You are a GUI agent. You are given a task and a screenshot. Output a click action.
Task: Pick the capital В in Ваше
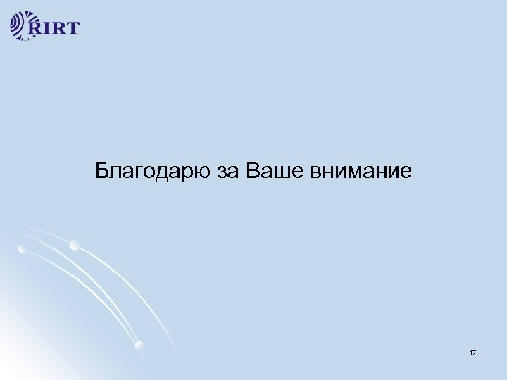click(x=254, y=170)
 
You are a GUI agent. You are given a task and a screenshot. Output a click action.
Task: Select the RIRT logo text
click(x=55, y=28)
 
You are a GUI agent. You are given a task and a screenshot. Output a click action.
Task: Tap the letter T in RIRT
click(x=72, y=29)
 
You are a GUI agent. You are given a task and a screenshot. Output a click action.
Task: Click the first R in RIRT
click(x=38, y=29)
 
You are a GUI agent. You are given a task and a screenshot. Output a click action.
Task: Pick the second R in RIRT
click(x=60, y=29)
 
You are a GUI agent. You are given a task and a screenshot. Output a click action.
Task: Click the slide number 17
click(x=472, y=351)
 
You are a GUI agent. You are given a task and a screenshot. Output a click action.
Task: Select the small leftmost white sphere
click(x=23, y=249)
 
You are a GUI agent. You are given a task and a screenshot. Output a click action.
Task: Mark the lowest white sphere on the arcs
click(x=139, y=345)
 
